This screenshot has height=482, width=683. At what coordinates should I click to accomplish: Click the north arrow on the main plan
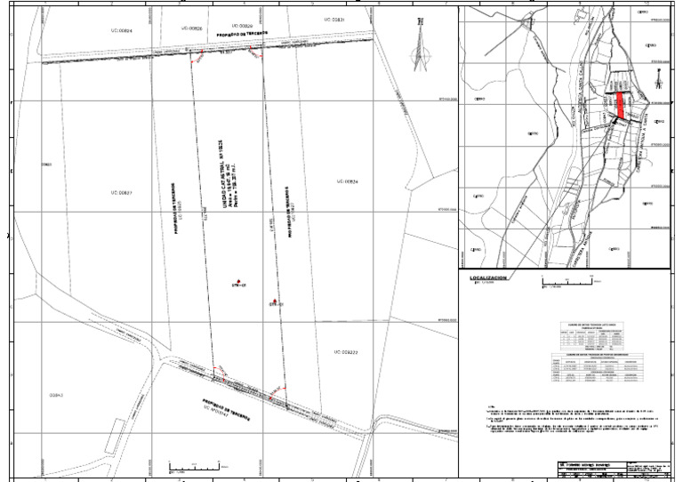click(419, 48)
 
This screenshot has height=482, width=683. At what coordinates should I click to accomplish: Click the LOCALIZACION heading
click(489, 278)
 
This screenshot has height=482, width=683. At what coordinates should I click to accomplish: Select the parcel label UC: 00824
click(121, 31)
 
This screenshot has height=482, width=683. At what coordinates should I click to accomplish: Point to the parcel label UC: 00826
click(193, 28)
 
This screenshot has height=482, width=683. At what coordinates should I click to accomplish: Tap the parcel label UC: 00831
click(333, 19)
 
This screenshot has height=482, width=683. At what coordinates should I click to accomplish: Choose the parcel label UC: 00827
click(121, 192)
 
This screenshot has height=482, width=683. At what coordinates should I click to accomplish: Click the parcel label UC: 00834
click(347, 181)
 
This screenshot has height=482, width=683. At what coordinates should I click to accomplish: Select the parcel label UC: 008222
click(347, 352)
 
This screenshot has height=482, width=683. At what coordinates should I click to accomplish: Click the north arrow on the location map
click(657, 81)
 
